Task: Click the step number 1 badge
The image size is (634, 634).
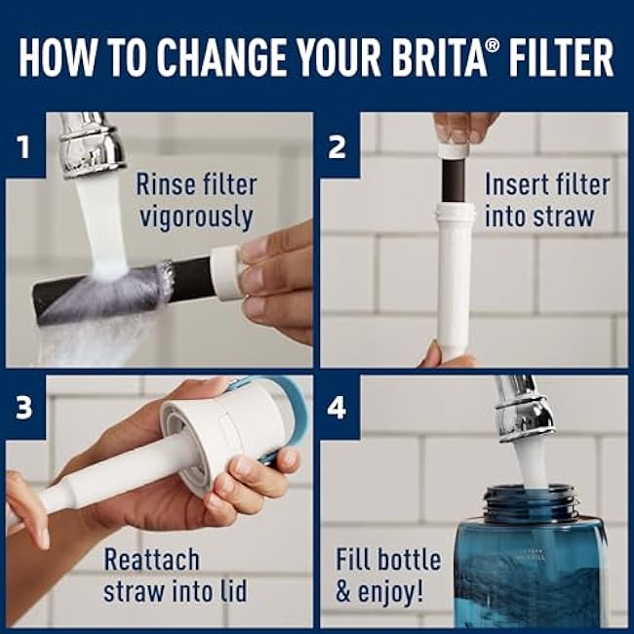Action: [24, 146]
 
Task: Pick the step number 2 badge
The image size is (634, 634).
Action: [337, 146]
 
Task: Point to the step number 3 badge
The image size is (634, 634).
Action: [23, 408]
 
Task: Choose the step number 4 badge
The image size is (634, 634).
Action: [337, 408]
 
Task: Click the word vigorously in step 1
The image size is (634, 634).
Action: [196, 218]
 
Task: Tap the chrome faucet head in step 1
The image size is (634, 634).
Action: [91, 144]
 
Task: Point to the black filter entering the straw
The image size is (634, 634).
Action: [454, 179]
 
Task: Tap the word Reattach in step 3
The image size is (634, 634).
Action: [151, 560]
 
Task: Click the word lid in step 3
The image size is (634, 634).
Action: [234, 591]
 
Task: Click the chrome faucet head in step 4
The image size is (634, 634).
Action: [524, 409]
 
